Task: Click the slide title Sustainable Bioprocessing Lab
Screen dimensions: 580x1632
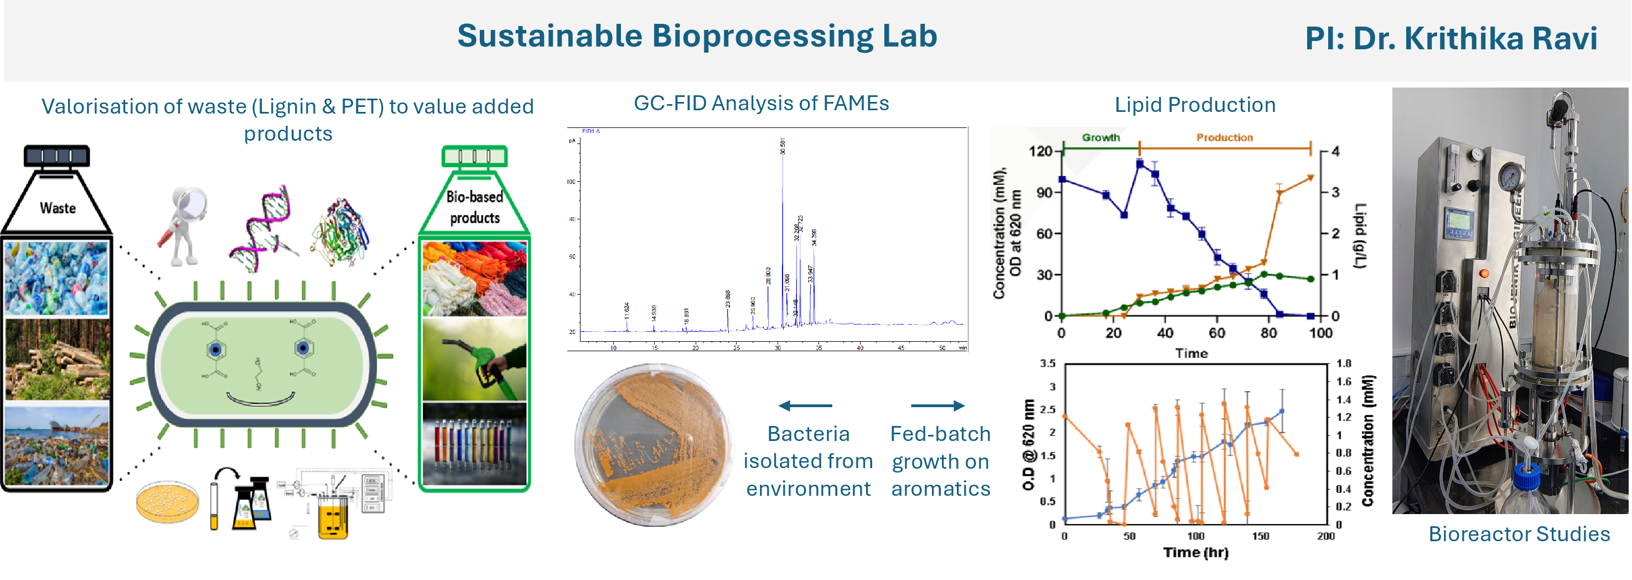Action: point(697,36)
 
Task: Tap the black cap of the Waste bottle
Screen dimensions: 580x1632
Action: point(56,156)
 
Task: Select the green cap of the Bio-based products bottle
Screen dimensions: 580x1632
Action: point(474,156)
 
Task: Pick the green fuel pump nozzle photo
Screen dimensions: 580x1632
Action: point(474,360)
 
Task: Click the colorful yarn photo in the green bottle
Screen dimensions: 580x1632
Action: point(474,278)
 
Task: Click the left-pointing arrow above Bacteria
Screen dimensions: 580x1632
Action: point(805,406)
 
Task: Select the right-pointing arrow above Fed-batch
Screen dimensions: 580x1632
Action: point(937,406)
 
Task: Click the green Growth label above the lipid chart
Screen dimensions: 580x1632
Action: point(1101,137)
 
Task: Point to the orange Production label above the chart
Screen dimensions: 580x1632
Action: point(1224,137)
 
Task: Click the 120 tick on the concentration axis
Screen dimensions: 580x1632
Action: point(1040,151)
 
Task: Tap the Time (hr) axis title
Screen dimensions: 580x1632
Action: point(1195,553)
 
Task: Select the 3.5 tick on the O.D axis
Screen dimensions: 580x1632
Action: point(1047,364)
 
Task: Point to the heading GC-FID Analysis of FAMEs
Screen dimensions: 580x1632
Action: point(761,104)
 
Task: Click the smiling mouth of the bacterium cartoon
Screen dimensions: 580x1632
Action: point(261,400)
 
